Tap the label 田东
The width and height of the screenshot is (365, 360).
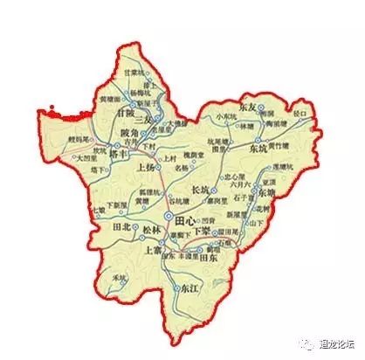coord(209,260)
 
